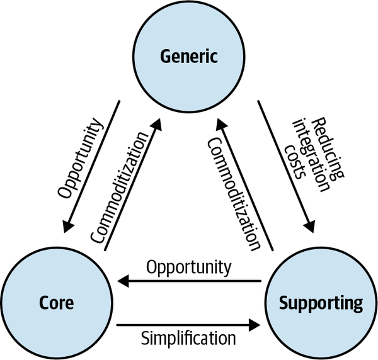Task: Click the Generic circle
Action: tap(188, 57)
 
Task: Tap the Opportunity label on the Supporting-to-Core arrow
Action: tap(188, 267)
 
